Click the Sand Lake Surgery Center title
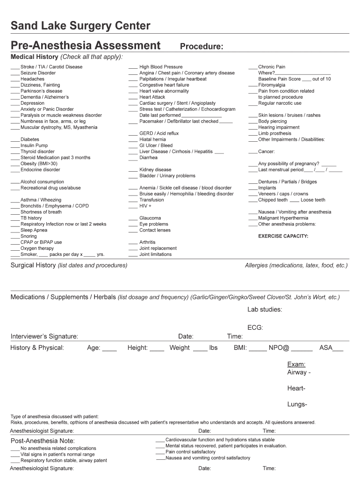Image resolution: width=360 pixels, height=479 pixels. (80, 26)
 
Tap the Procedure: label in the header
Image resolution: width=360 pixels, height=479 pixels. (202, 46)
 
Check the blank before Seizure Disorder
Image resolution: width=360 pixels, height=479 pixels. (15, 73)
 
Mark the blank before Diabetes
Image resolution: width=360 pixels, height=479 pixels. (15, 140)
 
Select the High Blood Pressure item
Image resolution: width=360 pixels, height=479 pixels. (161, 67)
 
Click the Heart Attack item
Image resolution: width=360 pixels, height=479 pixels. (152, 97)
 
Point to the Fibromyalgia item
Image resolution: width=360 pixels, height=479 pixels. (272, 85)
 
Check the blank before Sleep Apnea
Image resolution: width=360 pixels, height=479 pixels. (15, 231)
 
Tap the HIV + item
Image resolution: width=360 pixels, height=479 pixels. (145, 206)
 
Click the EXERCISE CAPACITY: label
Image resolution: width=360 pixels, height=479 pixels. (283, 236)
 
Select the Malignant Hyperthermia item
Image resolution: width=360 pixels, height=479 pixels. (283, 218)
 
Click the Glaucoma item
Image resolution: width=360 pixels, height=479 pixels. (150, 218)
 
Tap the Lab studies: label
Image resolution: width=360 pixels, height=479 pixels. (265, 309)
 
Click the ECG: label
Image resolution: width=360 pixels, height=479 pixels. (255, 328)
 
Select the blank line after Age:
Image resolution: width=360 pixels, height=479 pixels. (109, 348)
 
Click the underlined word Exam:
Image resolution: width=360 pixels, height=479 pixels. (296, 364)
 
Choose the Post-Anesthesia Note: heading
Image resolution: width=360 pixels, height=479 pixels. (43, 441)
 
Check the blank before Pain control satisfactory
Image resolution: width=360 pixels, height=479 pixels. (160, 452)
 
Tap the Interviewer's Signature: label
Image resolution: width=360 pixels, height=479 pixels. (44, 336)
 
